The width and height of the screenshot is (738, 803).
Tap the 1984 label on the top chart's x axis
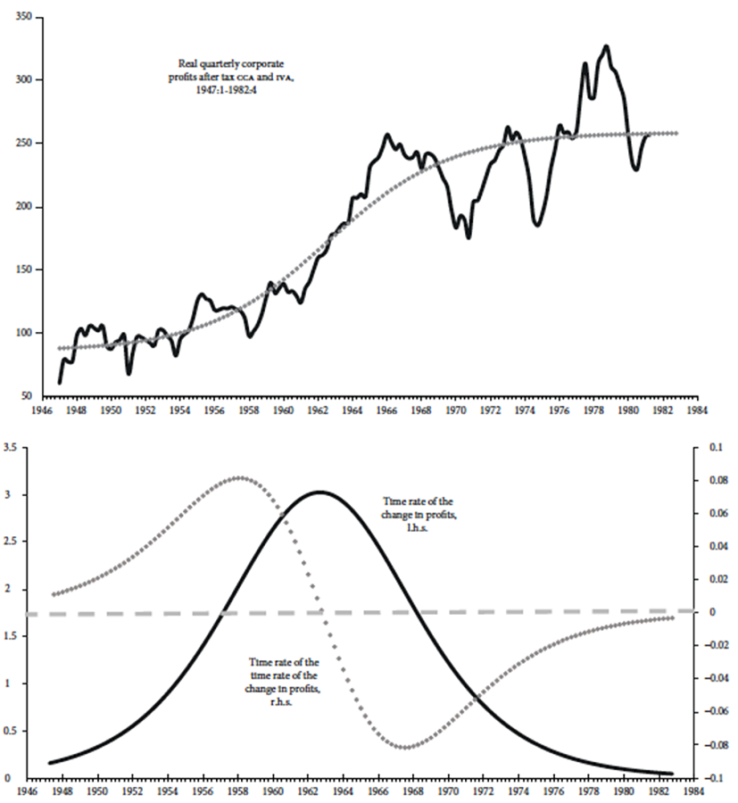tap(697, 413)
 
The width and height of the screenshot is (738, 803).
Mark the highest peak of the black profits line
tap(606, 46)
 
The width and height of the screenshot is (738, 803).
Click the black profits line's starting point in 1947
tap(60, 382)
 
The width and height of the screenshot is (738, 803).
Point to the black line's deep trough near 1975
tap(537, 225)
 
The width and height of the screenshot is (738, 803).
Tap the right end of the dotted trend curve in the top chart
tap(676, 133)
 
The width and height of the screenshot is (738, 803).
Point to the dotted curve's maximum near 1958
tap(238, 477)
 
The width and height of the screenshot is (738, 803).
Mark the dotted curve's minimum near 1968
tap(406, 748)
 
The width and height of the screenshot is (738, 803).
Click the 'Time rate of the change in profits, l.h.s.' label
tap(420, 516)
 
